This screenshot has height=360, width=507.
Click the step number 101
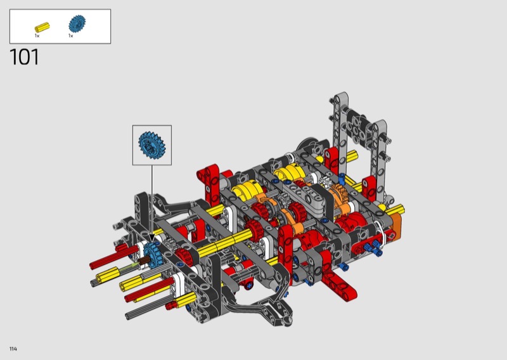pyautogui.click(x=24, y=57)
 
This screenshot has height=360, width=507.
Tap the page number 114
pyautogui.click(x=13, y=349)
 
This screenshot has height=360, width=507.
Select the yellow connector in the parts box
pyautogui.click(x=42, y=27)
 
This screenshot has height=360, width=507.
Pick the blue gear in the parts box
pyautogui.click(x=77, y=23)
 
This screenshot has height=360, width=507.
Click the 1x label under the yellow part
pyautogui.click(x=37, y=35)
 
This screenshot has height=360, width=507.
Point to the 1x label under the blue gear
pyautogui.click(x=71, y=35)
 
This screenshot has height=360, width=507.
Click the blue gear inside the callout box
pyautogui.click(x=151, y=145)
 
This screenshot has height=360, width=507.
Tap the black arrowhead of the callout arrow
pyautogui.click(x=151, y=239)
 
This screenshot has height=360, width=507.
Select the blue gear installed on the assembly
pyautogui.click(x=153, y=255)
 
